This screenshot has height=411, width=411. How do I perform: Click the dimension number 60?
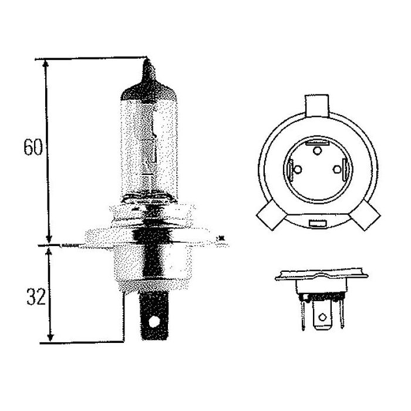[x=33, y=147]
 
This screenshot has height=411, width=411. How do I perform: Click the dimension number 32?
[x=36, y=297]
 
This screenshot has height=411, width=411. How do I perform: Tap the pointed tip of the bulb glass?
[x=147, y=59]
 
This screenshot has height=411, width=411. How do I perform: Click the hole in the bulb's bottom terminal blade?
[x=154, y=322]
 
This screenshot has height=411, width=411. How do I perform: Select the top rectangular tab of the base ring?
[x=316, y=106]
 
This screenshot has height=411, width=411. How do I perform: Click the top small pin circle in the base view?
[x=317, y=151]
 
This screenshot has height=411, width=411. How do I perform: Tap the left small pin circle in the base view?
[x=298, y=170]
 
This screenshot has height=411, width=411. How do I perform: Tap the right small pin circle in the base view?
[x=337, y=170]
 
